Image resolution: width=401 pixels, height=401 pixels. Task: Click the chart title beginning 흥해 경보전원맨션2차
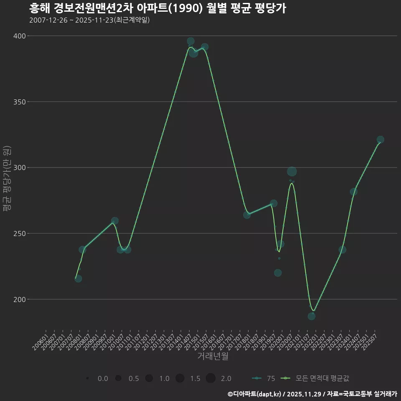157,8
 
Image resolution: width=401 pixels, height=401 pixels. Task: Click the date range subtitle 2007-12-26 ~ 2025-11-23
89,20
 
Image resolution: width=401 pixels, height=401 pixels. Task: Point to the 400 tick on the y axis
19,36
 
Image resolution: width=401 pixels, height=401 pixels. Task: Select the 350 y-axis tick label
19,102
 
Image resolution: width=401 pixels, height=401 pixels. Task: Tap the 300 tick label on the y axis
19,168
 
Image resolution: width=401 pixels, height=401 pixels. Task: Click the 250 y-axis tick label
19,233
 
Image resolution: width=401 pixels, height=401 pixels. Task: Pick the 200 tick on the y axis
19,299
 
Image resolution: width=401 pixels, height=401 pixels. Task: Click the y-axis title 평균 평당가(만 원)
6,180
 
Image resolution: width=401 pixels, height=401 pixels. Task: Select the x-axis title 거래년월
213,356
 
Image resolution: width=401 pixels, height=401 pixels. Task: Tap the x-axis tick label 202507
371,342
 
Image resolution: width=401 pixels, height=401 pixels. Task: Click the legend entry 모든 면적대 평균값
322,378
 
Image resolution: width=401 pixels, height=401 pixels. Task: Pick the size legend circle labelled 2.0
211,378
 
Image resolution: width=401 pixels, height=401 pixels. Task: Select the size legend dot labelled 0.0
87,378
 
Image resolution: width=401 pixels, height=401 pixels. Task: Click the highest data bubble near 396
190,41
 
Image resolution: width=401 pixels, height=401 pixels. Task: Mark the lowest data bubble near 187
312,316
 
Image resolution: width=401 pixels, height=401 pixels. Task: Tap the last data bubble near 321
380,140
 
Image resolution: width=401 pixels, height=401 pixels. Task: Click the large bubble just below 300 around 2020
292,171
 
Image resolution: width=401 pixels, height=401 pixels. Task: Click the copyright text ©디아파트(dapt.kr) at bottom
255,394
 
